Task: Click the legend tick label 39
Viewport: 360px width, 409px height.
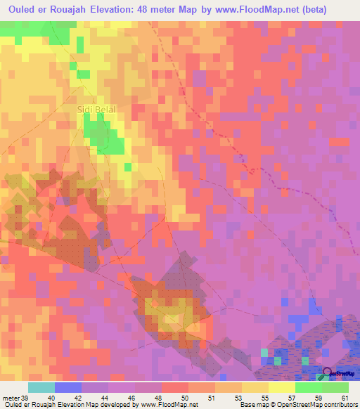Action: click(26, 398)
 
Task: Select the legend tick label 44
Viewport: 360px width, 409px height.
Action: click(106, 398)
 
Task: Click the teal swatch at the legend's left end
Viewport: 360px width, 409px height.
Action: click(41, 387)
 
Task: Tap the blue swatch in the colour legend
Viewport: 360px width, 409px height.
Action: click(68, 387)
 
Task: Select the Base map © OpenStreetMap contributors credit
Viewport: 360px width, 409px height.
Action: click(298, 405)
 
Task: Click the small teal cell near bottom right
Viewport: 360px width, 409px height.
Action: click(264, 352)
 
